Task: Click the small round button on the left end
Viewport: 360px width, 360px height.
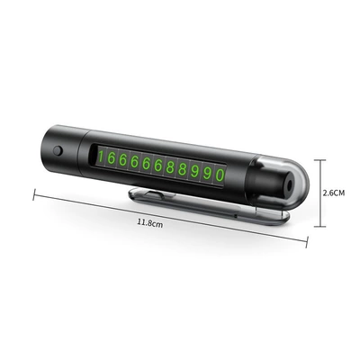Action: click(58, 150)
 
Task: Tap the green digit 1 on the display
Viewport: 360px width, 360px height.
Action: click(101, 157)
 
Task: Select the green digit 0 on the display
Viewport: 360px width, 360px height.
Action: click(220, 175)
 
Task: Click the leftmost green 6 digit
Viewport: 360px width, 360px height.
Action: click(111, 158)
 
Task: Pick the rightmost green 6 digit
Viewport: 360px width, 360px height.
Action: click(157, 166)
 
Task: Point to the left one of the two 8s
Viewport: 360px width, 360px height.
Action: click(170, 167)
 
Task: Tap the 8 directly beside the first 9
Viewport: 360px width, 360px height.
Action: click(182, 169)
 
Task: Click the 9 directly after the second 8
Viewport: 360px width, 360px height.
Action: click(194, 171)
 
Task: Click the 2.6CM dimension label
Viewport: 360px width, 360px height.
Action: click(334, 193)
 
